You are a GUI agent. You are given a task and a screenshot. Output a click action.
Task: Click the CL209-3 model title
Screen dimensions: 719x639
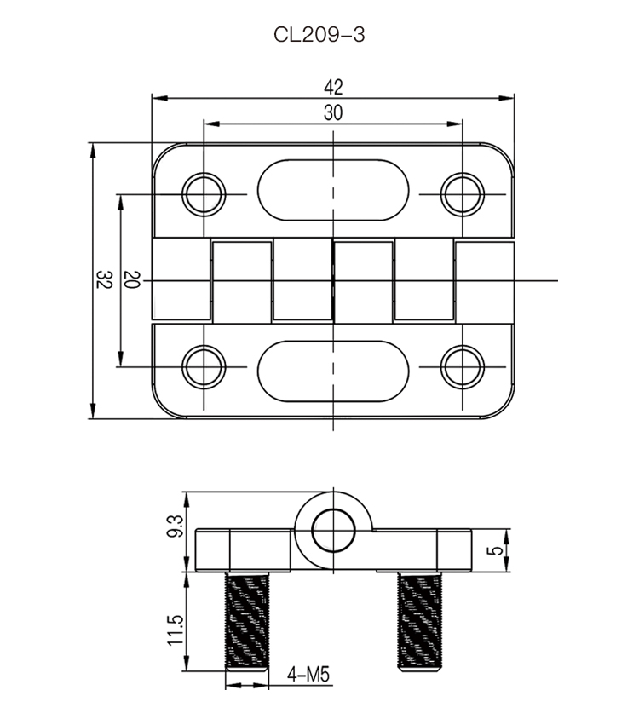(x=319, y=35)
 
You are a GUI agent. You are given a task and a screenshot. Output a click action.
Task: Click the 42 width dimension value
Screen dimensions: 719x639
(x=333, y=87)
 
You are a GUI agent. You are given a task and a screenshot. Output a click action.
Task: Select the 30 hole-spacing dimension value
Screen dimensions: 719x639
(x=333, y=112)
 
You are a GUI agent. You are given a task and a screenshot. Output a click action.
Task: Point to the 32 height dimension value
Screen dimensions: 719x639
(x=104, y=280)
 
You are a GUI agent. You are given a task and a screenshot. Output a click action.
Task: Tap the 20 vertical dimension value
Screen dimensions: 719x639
(x=131, y=280)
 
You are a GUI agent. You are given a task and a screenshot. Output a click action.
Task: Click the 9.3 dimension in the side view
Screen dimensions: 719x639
(x=176, y=526)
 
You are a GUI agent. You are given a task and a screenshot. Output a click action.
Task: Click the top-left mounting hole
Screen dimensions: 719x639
(x=204, y=194)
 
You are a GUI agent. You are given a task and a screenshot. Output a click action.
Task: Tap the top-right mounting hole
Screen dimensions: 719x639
(x=463, y=194)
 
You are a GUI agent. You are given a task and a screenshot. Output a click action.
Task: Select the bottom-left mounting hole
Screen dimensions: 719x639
(x=204, y=366)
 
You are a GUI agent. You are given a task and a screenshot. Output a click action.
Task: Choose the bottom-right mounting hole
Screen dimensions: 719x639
(x=463, y=366)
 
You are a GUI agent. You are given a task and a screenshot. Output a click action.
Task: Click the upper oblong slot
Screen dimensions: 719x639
(x=333, y=189)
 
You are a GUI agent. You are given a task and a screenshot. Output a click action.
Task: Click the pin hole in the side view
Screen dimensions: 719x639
(x=333, y=532)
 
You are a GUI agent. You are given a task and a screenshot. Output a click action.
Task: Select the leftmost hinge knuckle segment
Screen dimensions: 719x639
(x=181, y=280)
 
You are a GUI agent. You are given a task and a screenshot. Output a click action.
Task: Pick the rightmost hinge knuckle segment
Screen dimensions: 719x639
(x=485, y=280)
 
